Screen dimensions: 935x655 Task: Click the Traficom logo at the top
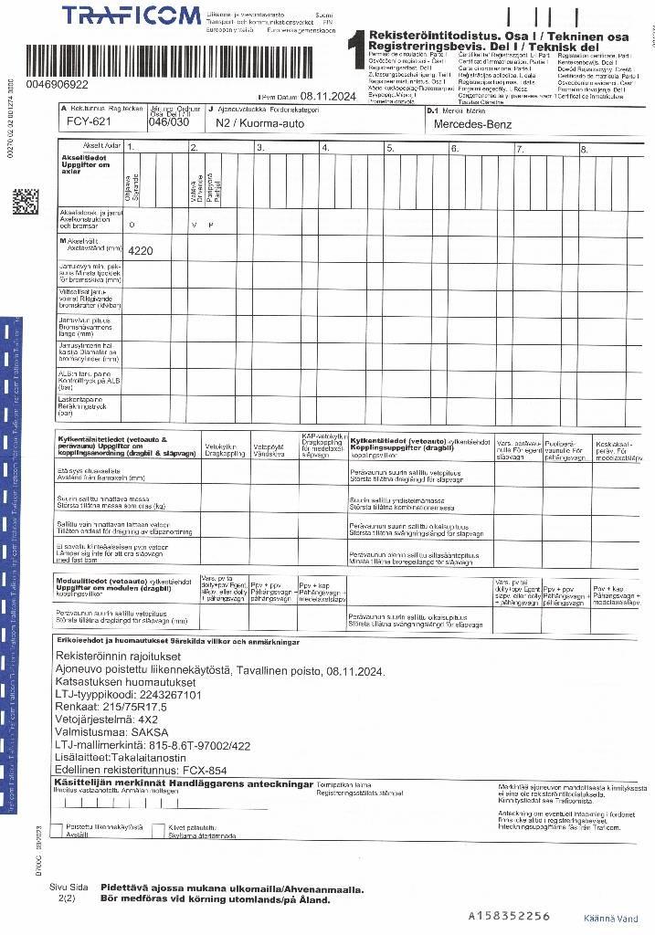(x=132, y=16)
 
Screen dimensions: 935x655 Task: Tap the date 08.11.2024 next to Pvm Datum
(x=328, y=96)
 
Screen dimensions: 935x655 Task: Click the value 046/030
(x=168, y=121)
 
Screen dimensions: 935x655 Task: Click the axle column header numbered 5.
(x=390, y=148)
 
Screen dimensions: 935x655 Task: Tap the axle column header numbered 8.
(x=585, y=148)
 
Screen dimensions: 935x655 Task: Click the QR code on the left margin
(x=26, y=201)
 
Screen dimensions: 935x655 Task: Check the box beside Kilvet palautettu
(x=161, y=828)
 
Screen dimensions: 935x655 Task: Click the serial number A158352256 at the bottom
(x=509, y=915)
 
